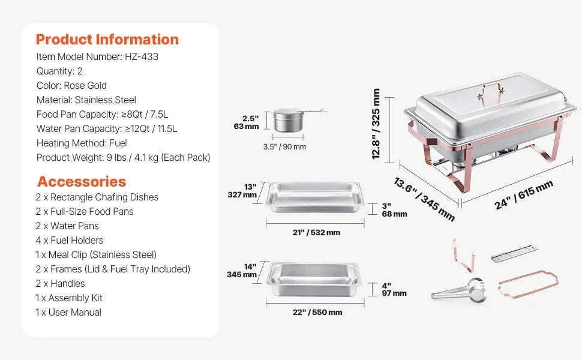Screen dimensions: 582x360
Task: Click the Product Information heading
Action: pos(107,40)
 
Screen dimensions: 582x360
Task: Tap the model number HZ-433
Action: pos(142,57)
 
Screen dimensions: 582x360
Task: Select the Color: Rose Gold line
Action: pos(71,86)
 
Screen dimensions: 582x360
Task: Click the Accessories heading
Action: pos(82,181)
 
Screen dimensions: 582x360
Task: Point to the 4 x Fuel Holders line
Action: pos(70,241)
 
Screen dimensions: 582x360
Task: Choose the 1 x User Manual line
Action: pos(68,313)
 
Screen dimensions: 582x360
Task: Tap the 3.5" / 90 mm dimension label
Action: pos(284,147)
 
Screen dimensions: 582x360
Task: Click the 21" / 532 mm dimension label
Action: pos(316,233)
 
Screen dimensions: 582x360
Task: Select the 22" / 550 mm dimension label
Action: pos(317,313)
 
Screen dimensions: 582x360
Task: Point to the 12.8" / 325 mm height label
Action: pos(376,124)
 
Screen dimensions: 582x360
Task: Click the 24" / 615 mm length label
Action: pos(524,195)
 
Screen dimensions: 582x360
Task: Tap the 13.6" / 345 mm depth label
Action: pos(424,199)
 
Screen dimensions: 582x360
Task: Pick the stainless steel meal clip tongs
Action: pos(459,290)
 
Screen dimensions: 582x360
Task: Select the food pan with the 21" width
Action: pos(315,197)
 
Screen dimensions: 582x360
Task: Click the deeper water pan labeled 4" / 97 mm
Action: pos(314,280)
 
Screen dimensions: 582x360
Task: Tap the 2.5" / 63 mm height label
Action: pos(247,122)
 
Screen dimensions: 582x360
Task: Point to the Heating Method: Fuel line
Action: pos(82,143)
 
